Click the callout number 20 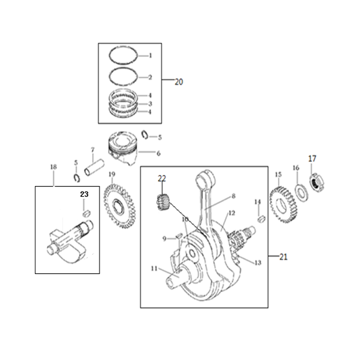tap(179, 82)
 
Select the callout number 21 tap(283, 257)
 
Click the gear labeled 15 tap(283, 203)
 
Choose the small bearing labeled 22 tap(163, 202)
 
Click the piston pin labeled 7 tap(94, 167)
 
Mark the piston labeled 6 tap(122, 148)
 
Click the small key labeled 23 tap(87, 213)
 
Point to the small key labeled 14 tap(261, 219)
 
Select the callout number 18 tap(53, 167)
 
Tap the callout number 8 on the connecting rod tap(233, 196)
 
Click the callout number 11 tap(154, 269)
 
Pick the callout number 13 tap(258, 263)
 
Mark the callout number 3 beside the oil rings tap(150, 103)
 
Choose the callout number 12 tap(232, 213)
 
